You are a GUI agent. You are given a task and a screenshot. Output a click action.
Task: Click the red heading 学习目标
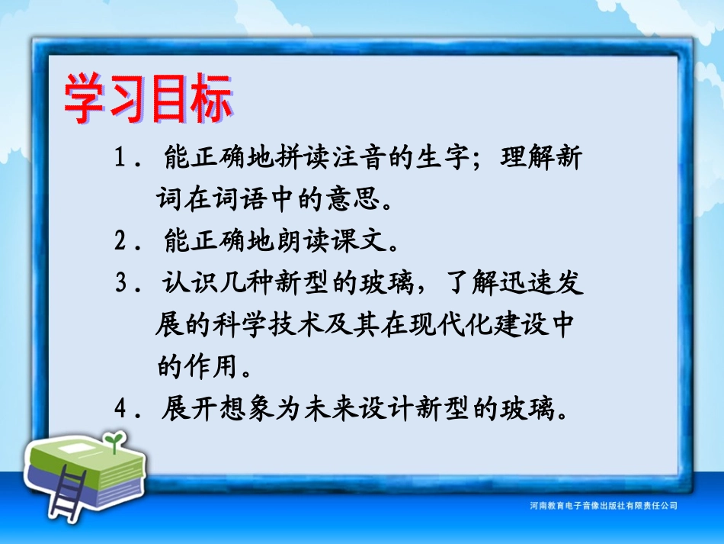(x=148, y=100)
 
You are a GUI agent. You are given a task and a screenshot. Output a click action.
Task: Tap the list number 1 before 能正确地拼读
(x=120, y=160)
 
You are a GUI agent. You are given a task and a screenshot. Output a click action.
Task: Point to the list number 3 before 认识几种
(x=120, y=284)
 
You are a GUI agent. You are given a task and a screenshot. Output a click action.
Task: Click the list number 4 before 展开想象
(x=120, y=410)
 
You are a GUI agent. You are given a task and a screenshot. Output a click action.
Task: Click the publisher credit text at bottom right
(x=602, y=506)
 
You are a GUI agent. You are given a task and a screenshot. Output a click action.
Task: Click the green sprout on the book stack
(x=114, y=441)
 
